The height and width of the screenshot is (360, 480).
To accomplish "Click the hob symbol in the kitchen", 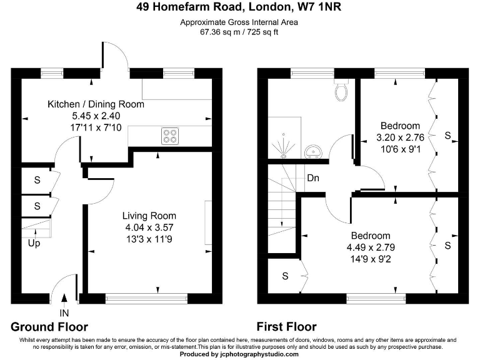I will (169, 134).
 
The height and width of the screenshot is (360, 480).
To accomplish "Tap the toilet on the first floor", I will (341, 91).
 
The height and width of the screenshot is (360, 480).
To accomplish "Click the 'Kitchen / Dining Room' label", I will (96, 104).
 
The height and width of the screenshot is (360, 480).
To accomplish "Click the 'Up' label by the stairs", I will (34, 243).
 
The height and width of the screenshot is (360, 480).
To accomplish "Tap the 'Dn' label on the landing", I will (313, 178).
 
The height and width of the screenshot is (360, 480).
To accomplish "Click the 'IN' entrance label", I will (64, 312).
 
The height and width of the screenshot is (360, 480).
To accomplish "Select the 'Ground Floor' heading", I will (49, 327).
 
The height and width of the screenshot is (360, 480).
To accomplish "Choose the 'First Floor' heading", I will (286, 327).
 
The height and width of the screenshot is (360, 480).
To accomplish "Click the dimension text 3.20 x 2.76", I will (400, 137).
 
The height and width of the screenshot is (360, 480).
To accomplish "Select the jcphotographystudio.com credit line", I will (239, 355).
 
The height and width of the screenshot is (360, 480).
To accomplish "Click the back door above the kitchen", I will (116, 59).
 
